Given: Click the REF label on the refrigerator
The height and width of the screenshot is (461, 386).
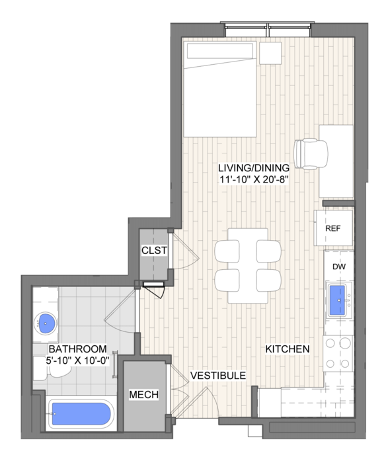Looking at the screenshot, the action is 333,228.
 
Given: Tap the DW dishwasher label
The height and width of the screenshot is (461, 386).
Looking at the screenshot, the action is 339,267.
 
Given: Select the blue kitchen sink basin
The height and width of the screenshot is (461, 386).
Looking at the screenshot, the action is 338,300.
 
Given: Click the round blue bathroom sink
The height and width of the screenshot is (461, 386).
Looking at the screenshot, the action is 45,323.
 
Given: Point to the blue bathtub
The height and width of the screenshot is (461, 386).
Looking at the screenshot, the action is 81,413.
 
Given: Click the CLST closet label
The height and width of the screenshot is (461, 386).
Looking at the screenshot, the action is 154,251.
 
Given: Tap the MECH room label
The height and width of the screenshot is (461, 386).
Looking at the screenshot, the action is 144,395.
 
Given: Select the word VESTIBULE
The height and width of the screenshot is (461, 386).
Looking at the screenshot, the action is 218,376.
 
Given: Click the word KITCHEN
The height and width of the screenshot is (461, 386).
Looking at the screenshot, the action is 288,349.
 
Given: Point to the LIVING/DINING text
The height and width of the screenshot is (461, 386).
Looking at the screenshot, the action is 254,168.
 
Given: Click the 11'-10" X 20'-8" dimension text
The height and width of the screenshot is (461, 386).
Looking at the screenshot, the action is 253,179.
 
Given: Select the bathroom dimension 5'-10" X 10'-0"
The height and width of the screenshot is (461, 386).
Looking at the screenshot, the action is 77,360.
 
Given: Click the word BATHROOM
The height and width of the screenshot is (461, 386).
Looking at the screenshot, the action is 78,349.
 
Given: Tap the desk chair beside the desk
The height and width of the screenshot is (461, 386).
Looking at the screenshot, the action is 311,154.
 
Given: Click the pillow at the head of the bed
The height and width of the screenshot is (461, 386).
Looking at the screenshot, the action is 220,52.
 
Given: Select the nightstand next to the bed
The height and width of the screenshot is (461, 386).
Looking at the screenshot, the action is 270,53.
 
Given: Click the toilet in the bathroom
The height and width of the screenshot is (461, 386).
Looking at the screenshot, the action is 52,368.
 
